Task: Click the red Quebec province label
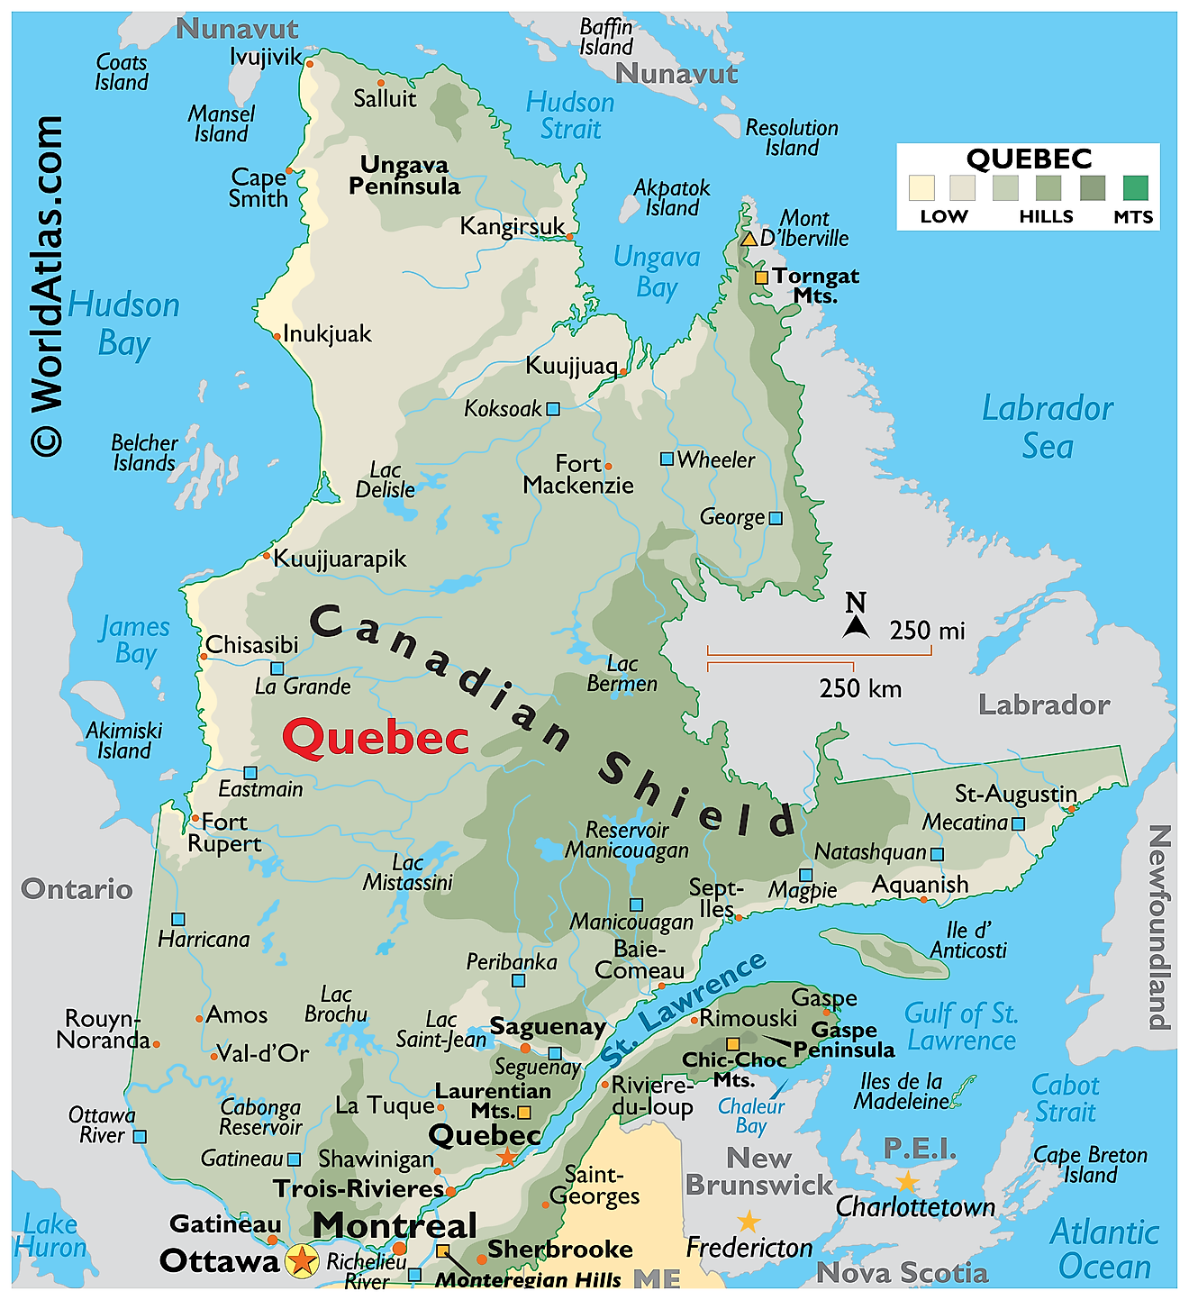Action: click(376, 738)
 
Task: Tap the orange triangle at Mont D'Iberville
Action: click(749, 239)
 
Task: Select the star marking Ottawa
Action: click(302, 1259)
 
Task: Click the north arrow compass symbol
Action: click(856, 617)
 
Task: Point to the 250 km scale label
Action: click(860, 689)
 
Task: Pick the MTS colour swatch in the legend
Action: click(1135, 187)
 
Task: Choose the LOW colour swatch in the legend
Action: click(921, 187)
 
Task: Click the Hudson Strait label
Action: click(570, 115)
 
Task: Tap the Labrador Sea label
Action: click(1048, 426)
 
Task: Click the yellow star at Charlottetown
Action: click(907, 1182)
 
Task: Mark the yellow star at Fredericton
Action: click(749, 1222)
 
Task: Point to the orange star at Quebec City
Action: click(507, 1157)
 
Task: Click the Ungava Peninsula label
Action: click(404, 176)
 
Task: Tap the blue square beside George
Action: click(776, 518)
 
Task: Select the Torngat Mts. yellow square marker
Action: click(761, 277)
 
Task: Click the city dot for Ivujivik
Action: click(310, 63)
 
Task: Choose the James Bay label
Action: click(135, 640)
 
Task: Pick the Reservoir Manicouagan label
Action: click(627, 840)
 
